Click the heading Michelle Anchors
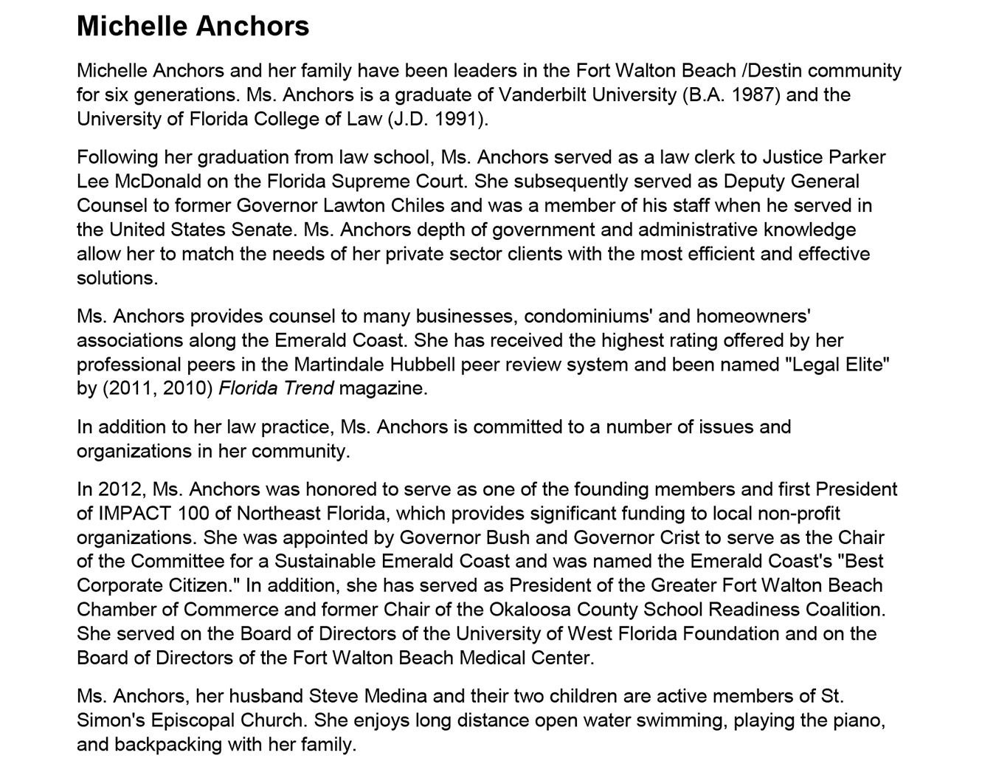(193, 27)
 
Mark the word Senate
(263, 230)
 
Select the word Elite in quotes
(862, 365)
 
